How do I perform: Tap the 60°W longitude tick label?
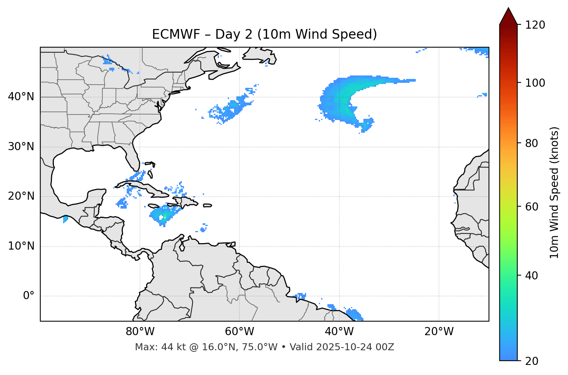239,332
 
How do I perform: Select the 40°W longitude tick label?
339,332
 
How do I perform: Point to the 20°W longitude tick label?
439,332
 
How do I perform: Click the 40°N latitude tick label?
21,97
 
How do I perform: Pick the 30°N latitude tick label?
21,147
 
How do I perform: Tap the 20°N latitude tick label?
21,196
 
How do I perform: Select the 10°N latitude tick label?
21,246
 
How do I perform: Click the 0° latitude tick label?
29,296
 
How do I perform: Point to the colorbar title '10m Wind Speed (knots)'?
554,192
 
